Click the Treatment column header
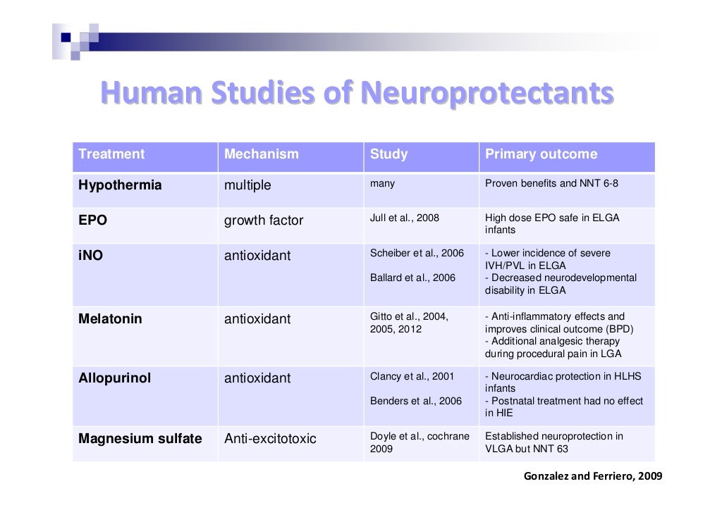(x=111, y=154)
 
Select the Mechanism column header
(x=261, y=154)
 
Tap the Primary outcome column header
(x=541, y=154)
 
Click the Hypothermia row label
(x=120, y=185)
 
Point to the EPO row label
(x=92, y=220)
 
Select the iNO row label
(x=90, y=256)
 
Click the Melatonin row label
(x=110, y=319)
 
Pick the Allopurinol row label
(x=114, y=378)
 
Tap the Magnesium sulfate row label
(x=140, y=439)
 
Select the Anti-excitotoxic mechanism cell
(x=270, y=439)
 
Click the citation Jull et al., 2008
(x=405, y=218)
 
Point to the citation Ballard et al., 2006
(x=412, y=278)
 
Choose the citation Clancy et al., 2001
(x=412, y=376)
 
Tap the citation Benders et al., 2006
(x=415, y=401)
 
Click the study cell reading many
(x=382, y=183)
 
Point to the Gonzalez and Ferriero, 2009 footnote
(x=592, y=476)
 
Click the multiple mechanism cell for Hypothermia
(x=247, y=185)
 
